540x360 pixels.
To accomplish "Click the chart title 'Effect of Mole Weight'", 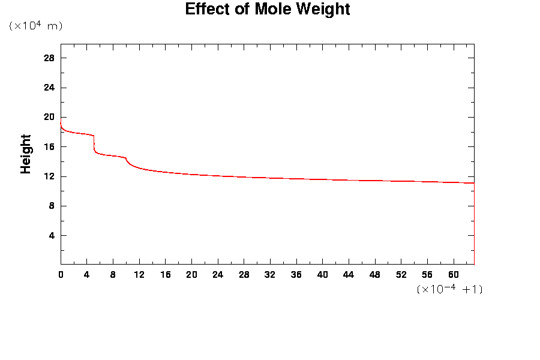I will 267,10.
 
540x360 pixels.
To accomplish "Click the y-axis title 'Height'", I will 26,154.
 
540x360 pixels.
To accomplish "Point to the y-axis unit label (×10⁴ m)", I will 36,26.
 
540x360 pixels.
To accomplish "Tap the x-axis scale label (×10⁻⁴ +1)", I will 449,289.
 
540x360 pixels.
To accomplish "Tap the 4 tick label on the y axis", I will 52,235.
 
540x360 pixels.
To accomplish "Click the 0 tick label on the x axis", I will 61,275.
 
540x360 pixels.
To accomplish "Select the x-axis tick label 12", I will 139,275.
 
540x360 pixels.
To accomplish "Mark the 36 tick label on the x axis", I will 296,275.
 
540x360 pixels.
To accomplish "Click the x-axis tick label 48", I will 374,275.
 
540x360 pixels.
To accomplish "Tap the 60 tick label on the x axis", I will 453,275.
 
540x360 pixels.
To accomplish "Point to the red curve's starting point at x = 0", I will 61,123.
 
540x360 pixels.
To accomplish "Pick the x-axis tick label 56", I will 427,275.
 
